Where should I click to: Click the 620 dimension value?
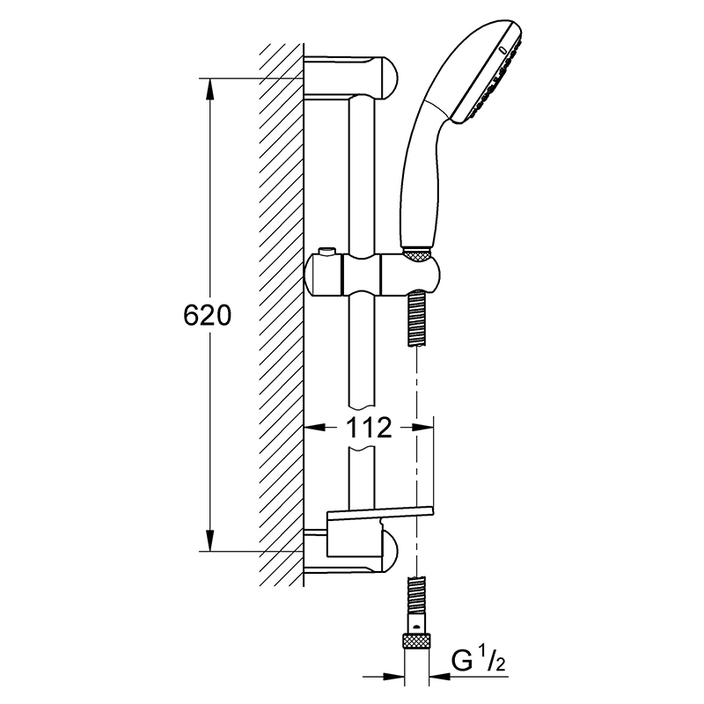click(x=207, y=315)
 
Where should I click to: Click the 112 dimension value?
click(x=368, y=428)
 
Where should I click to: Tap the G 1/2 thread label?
click(x=478, y=661)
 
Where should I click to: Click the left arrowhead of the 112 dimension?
click(x=315, y=427)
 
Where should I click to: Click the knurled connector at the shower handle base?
click(x=417, y=255)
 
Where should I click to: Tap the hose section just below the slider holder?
click(x=417, y=319)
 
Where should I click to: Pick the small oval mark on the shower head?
click(x=502, y=50)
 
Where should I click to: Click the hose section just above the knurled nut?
click(x=417, y=598)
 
